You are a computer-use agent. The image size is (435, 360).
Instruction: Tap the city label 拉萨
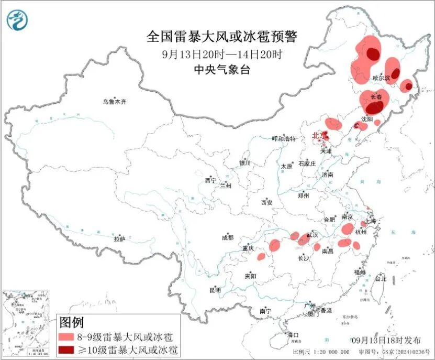[120, 239]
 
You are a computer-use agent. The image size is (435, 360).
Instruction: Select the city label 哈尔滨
[381, 78]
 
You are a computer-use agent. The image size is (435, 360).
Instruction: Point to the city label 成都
[228, 237]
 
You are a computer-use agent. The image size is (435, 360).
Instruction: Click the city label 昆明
[215, 290]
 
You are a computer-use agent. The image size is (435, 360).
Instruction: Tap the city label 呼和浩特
[284, 139]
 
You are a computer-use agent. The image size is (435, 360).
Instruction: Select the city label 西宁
[210, 181]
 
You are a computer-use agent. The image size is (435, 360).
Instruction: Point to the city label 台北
[381, 279]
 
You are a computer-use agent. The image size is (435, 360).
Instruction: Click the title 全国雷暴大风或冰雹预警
[222, 37]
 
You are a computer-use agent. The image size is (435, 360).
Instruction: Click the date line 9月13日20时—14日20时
[222, 53]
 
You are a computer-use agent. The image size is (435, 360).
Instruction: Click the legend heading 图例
[71, 322]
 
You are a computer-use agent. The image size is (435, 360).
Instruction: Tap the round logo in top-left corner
[17, 19]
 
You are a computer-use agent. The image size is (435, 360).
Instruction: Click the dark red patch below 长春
[374, 108]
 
